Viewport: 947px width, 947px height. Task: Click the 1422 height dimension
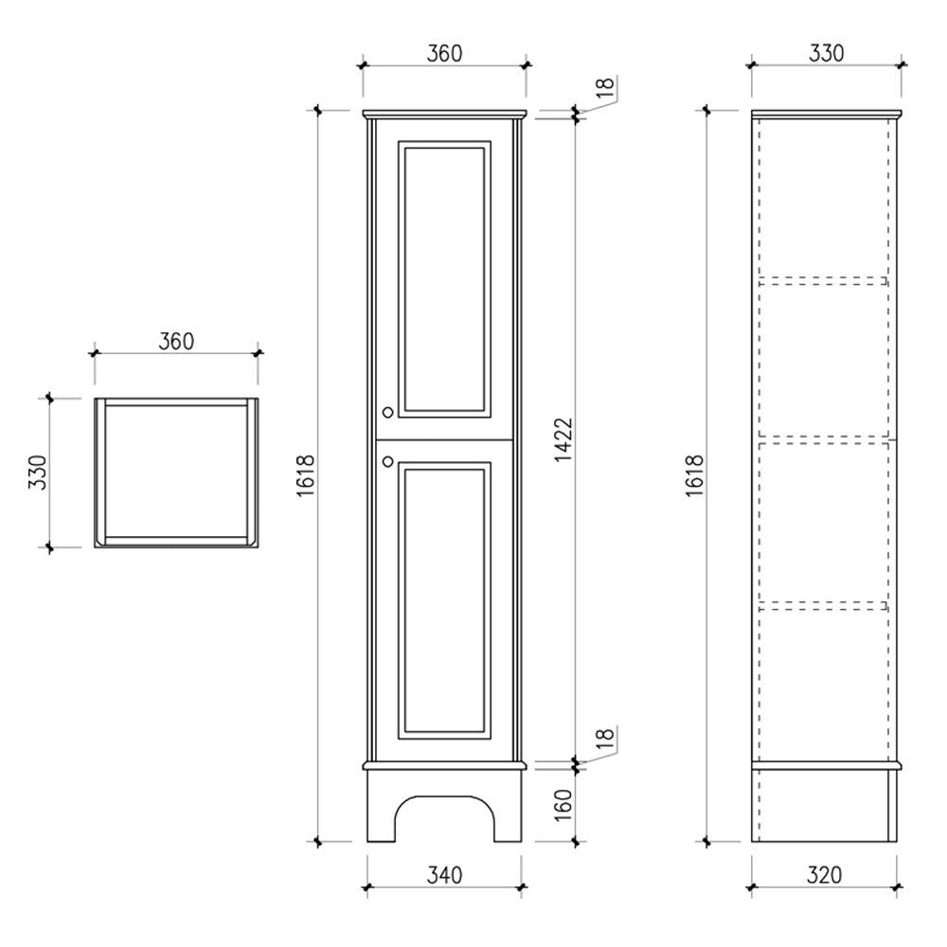point(563,438)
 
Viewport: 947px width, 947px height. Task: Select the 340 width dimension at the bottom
point(443,876)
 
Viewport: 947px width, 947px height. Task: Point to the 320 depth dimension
point(825,876)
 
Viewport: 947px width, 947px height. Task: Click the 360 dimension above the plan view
point(175,341)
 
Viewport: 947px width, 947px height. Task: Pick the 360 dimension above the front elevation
point(443,53)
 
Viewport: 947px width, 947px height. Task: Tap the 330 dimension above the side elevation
point(825,53)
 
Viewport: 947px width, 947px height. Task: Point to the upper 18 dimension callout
point(606,88)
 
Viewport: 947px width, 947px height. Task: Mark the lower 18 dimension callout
point(606,738)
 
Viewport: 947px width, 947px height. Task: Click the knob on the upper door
point(387,412)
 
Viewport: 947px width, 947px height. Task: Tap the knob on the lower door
point(387,461)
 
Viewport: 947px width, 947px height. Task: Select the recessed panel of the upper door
point(444,279)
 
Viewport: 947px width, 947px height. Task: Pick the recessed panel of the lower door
point(444,599)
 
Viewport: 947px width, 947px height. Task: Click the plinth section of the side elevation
point(822,804)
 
